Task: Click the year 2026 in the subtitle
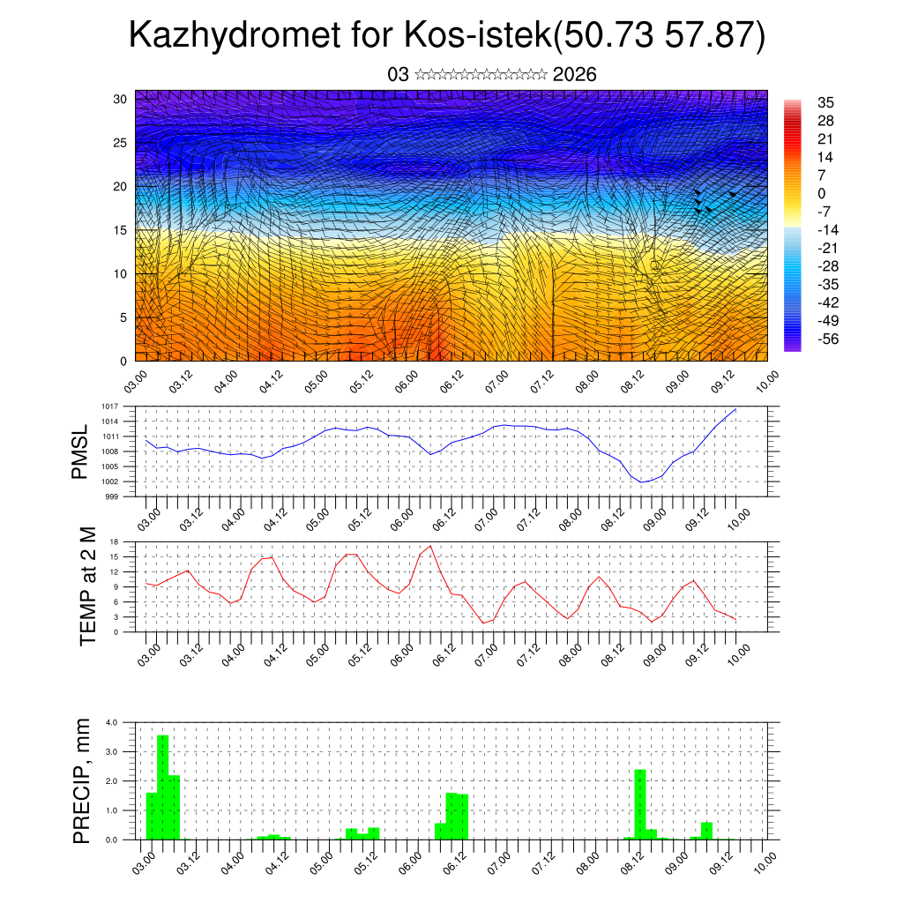point(575,75)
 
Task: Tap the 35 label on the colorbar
point(826,103)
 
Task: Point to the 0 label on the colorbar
point(822,193)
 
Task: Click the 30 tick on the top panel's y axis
point(121,99)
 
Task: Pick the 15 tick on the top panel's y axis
point(121,230)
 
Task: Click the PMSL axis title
point(81,451)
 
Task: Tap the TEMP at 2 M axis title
point(87,586)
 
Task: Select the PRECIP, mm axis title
point(82,780)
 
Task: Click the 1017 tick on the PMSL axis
point(109,407)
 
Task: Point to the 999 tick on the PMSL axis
point(111,496)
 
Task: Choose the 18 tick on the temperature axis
point(114,541)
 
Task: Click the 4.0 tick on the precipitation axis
point(111,722)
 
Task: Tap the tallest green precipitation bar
point(162,787)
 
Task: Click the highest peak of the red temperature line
point(430,547)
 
